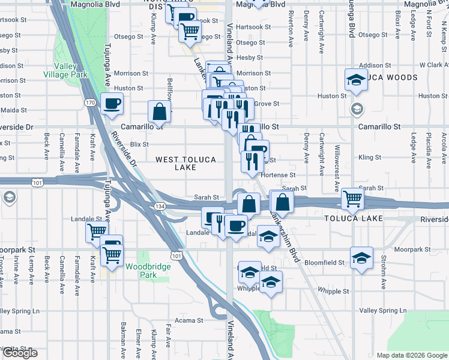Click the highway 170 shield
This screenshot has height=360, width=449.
tap(90, 103)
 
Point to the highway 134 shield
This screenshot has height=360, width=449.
tap(155, 206)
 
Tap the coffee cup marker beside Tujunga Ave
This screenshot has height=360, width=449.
tap(112, 104)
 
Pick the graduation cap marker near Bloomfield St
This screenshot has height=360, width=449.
tap(361, 257)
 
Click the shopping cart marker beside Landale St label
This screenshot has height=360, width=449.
tap(97, 231)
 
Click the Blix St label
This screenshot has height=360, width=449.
tap(139, 145)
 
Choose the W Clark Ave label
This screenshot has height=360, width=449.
tap(433, 65)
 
